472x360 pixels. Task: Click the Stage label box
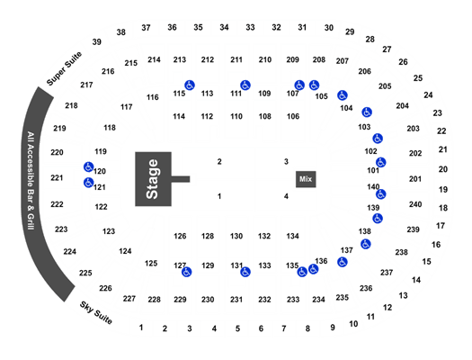tap(153, 179)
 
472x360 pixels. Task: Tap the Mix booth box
tap(306, 179)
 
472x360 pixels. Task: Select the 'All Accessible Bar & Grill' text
tap(31, 181)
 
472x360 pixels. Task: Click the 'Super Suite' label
tap(64, 68)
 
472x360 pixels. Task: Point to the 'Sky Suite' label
tap(96, 312)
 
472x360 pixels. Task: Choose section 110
tap(236, 116)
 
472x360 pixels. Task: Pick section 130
tap(236, 236)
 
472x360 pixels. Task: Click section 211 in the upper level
tap(236, 59)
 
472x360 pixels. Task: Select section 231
tap(236, 300)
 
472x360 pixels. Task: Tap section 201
tap(415, 179)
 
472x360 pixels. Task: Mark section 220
tap(57, 152)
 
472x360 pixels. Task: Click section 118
tap(110, 128)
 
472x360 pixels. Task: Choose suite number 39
tap(96, 42)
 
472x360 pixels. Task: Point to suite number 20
tap(443, 169)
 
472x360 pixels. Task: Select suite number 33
tap(250, 27)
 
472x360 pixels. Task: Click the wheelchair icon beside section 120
tap(88, 166)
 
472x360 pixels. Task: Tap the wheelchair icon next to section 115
tap(190, 85)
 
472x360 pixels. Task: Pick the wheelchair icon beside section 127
tap(187, 272)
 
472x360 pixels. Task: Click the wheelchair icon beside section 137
tap(343, 262)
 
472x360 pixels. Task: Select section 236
tap(366, 288)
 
